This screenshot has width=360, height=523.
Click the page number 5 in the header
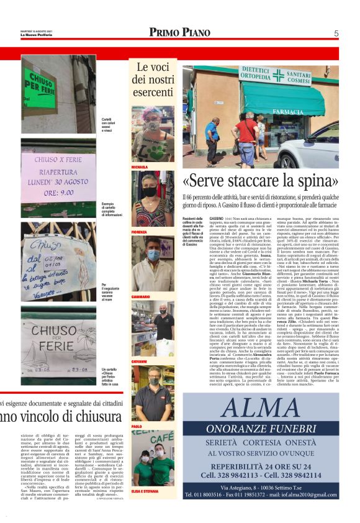[x=336, y=33]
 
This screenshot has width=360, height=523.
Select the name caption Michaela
[x=139, y=167]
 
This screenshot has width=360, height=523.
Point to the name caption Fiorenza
[x=139, y=232]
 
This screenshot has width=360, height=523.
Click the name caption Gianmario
[x=140, y=297]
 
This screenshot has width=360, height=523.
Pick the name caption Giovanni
[x=139, y=361]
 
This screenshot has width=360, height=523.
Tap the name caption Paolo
[x=136, y=426]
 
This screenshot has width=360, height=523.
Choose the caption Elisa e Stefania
[x=144, y=491]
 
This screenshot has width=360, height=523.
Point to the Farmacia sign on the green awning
[x=271, y=111]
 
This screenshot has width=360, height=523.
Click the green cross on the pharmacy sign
[x=278, y=75]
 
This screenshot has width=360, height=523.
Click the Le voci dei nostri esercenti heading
[x=153, y=79]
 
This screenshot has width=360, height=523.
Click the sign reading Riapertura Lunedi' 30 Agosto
[x=58, y=178]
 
